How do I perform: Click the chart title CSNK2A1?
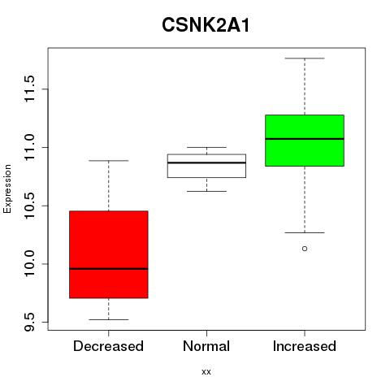coord(206,25)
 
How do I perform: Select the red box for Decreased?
coord(109,254)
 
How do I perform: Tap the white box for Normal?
coord(206,166)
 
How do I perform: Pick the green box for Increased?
coord(305,141)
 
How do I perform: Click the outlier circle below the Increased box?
coord(305,249)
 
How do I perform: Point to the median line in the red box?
coord(109,269)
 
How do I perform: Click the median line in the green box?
coord(305,139)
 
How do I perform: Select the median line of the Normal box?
coord(206,162)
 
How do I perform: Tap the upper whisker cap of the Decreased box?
coord(109,161)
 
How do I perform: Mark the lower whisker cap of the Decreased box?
coord(109,319)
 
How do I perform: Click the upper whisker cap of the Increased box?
coord(305,58)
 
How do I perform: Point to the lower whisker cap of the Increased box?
coord(305,232)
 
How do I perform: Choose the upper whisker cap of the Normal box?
coord(206,147)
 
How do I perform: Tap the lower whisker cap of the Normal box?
coord(206,191)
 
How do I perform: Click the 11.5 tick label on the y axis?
coord(29,89)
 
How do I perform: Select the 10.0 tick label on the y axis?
coord(29,264)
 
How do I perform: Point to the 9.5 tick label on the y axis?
coord(29,323)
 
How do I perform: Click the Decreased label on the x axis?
coord(108,346)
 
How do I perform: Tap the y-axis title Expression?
coord(7,188)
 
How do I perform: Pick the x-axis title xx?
coord(206,372)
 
